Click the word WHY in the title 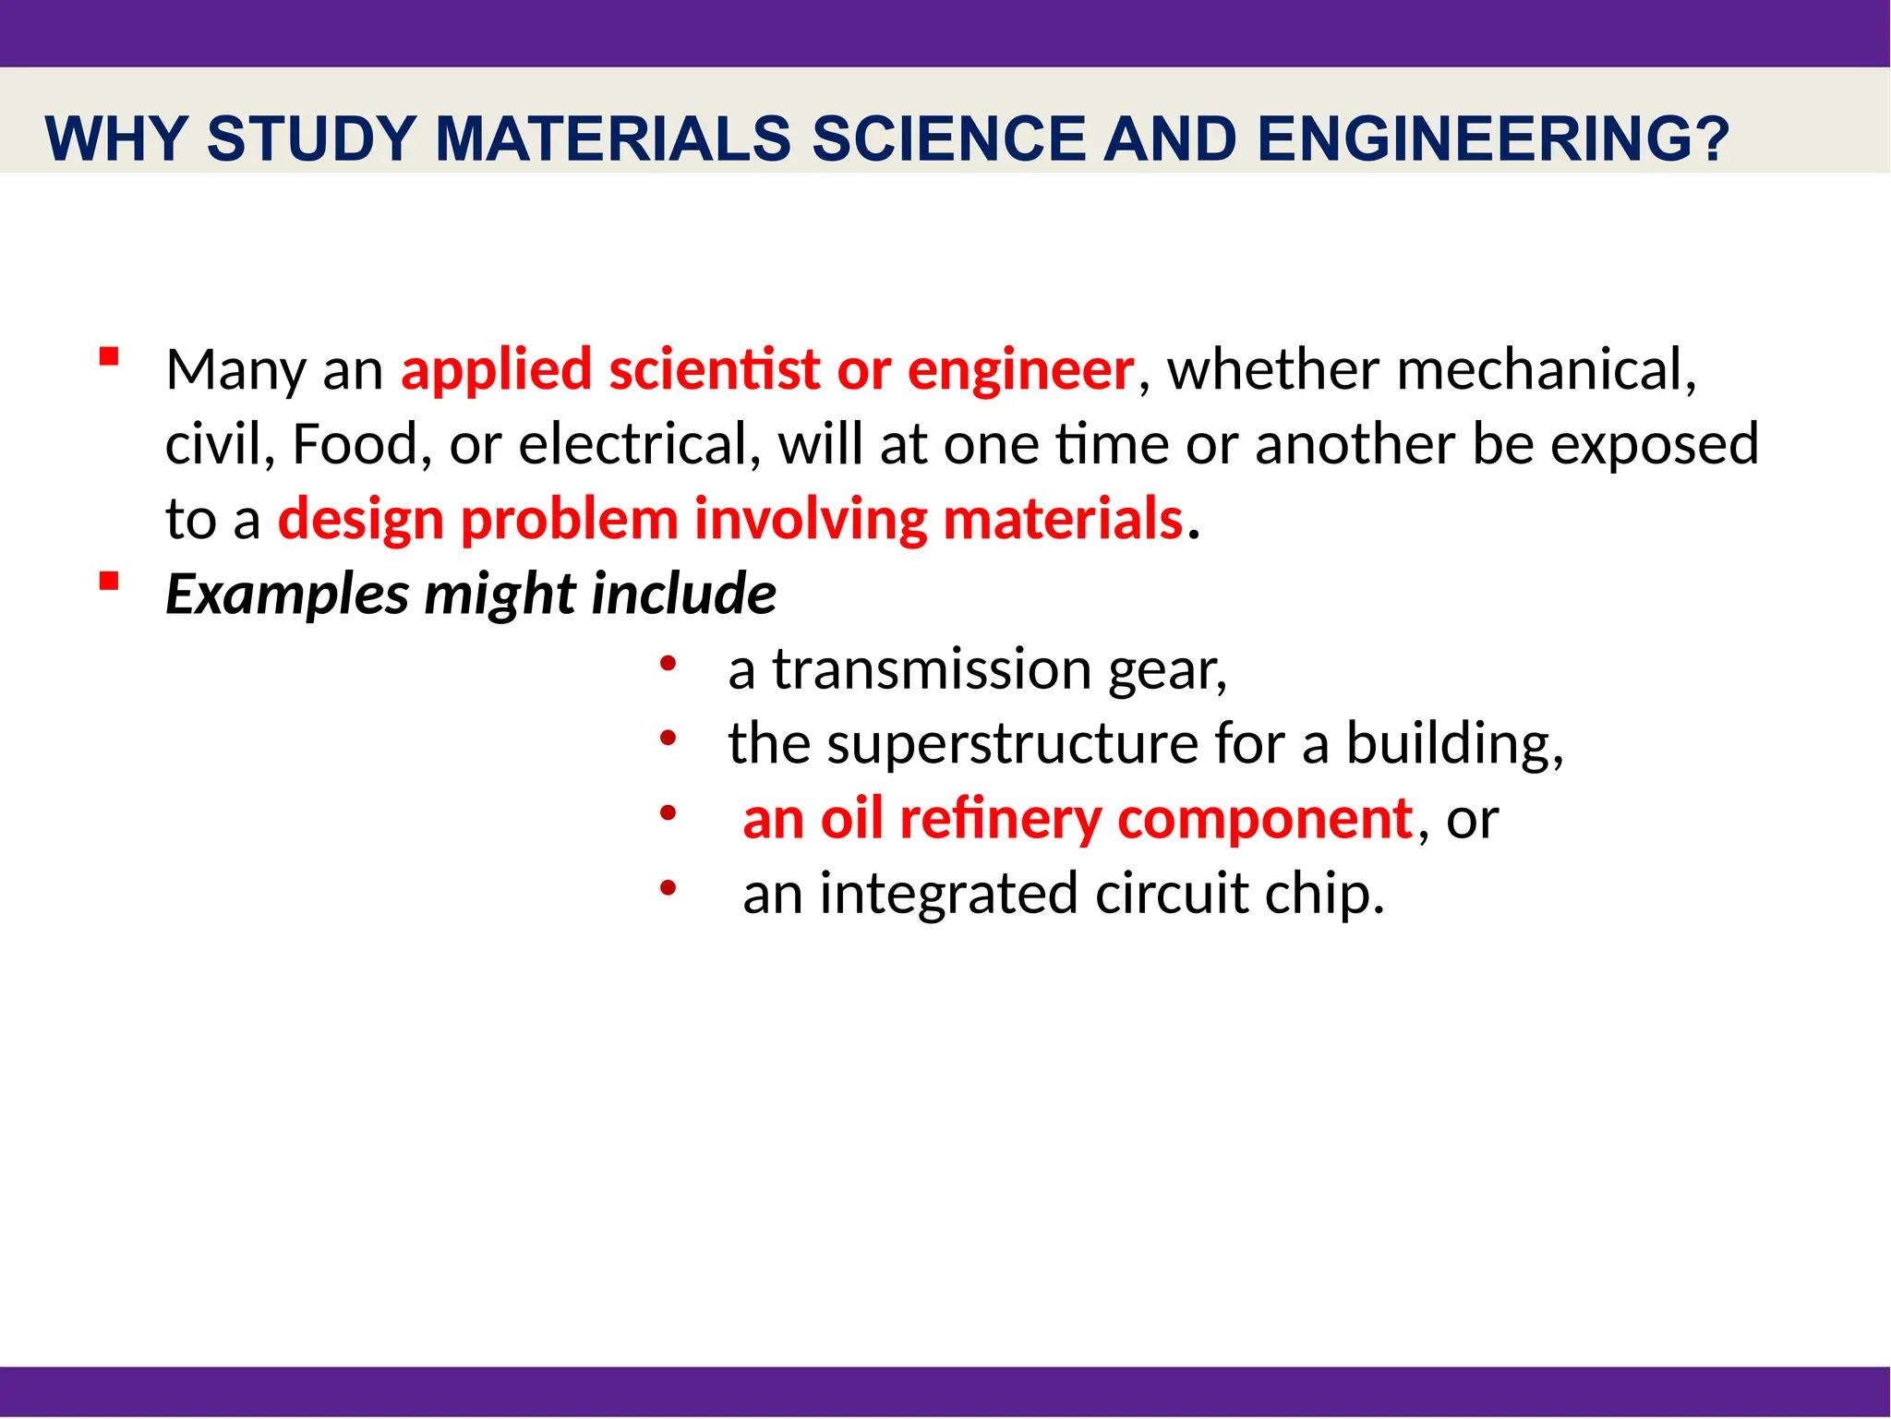coord(115,139)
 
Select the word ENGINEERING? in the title coord(1492,139)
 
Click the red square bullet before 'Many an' coord(109,357)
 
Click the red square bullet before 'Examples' coord(109,581)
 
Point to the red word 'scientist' coord(714,370)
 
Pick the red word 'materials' coord(1062,519)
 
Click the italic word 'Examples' coord(286,595)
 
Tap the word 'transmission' coord(932,669)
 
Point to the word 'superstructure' coord(1011,744)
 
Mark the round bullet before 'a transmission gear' coord(668,664)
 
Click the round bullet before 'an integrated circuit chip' coord(668,888)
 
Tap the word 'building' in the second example coord(1449,744)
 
